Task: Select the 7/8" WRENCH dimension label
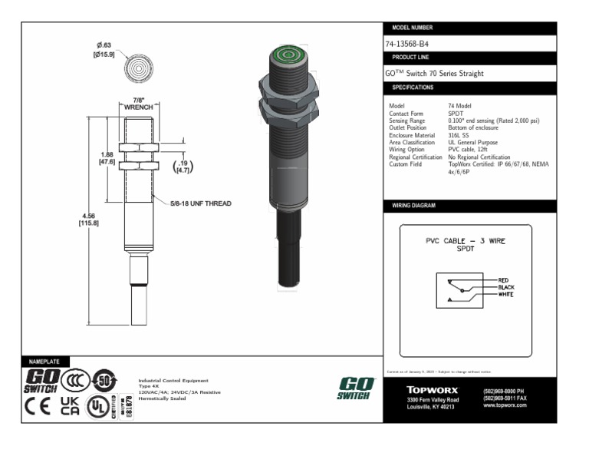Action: pos(139,104)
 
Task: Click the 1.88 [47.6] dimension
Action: pos(107,158)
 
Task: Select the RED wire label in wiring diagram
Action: pos(503,280)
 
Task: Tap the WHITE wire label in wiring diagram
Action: pos(506,295)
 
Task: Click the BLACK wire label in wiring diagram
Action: pos(506,287)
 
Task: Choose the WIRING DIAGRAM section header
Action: pos(414,207)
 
